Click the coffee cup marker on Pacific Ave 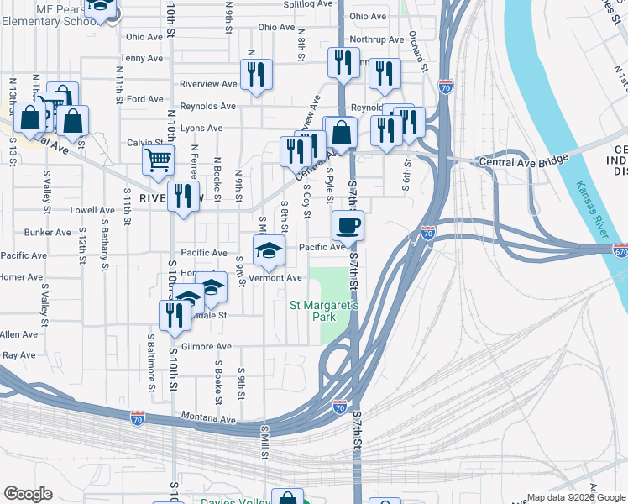coord(348,225)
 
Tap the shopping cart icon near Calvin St coord(158,159)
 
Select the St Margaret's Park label coord(324,311)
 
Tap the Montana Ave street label coord(209,418)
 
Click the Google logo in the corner coord(28,493)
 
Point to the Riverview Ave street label coord(208,84)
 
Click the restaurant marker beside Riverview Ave coord(256,74)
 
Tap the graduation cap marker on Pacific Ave coord(269,249)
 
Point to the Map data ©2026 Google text coord(576,497)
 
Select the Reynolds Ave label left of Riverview coord(208,107)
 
